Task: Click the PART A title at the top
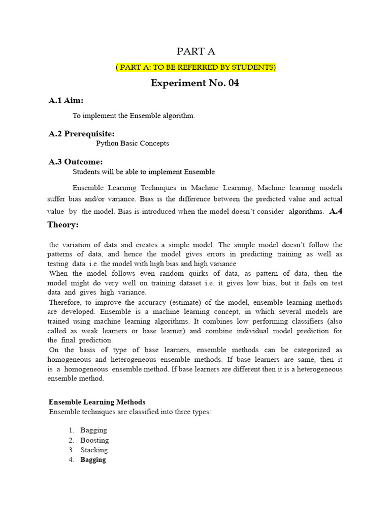point(195,51)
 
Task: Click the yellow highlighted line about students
point(196,67)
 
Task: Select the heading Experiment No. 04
point(195,83)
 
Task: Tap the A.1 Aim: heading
point(66,101)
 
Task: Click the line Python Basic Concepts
point(133,143)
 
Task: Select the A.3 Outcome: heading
point(76,162)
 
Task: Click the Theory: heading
point(63,224)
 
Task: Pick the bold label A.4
point(336,211)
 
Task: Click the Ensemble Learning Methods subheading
point(97,402)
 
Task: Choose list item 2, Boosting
point(94,440)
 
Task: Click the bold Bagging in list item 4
point(93,459)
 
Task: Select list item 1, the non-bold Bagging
point(93,430)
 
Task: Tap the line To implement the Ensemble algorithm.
point(134,115)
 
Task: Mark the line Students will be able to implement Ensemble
point(144,172)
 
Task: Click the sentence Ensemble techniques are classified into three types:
point(130,412)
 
